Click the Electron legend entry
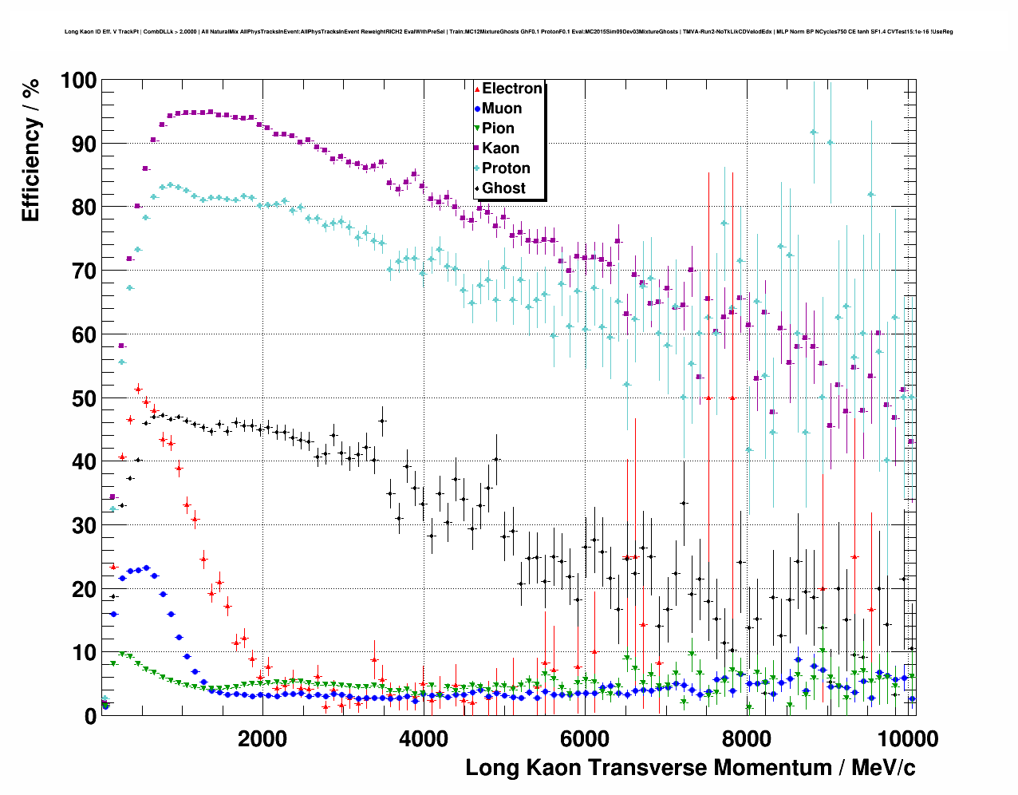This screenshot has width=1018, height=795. pyautogui.click(x=511, y=89)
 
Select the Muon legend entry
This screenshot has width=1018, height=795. pyautogui.click(x=501, y=109)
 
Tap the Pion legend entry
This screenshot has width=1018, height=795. pyautogui.click(x=498, y=129)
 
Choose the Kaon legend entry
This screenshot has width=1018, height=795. pyautogui.click(x=500, y=148)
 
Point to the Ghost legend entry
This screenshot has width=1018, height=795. pyautogui.click(x=503, y=188)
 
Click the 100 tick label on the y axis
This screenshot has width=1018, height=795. pyautogui.click(x=77, y=81)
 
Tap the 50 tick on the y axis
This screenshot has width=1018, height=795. pyautogui.click(x=84, y=398)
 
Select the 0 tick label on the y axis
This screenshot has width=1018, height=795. pyautogui.click(x=90, y=716)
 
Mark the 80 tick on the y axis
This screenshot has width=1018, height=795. pyautogui.click(x=84, y=208)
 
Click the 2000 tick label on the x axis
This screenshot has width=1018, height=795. pyautogui.click(x=262, y=738)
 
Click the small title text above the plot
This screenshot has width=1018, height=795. pyautogui.click(x=508, y=32)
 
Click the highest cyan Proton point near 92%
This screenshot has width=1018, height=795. pyautogui.click(x=813, y=132)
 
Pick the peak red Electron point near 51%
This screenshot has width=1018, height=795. pyautogui.click(x=138, y=390)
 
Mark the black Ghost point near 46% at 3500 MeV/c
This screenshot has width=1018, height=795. pyautogui.click(x=382, y=421)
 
